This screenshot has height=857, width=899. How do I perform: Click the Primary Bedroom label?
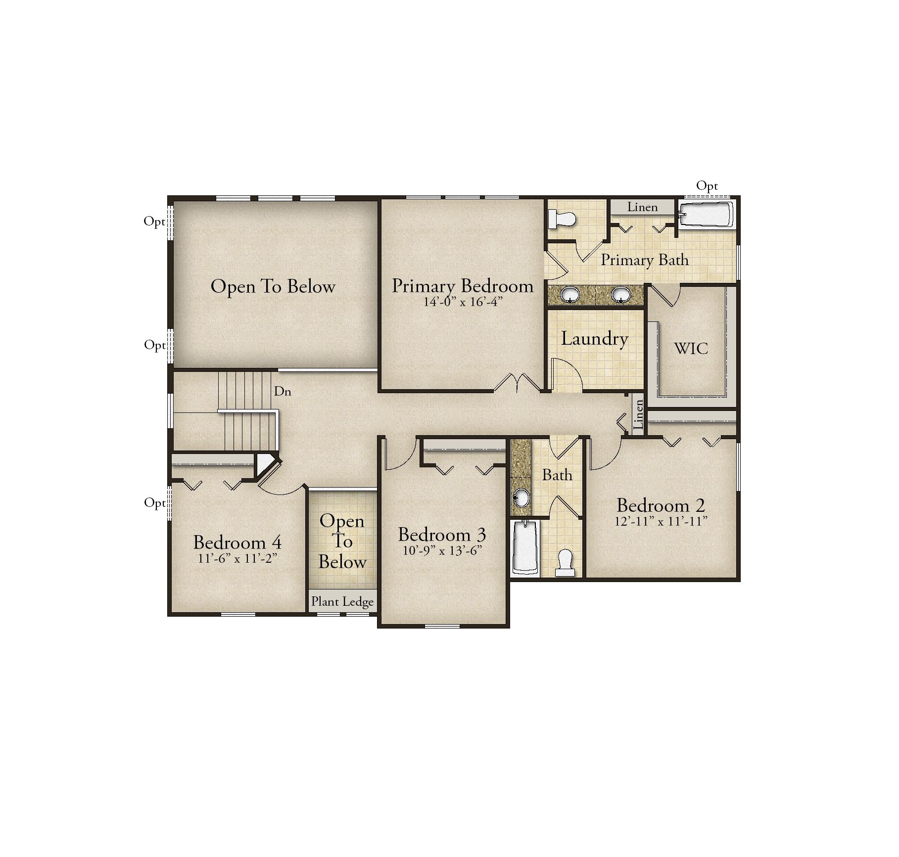[x=463, y=286]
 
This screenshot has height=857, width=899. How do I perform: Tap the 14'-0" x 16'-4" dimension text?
[x=463, y=302]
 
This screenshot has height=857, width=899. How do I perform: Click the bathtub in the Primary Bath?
[x=706, y=214]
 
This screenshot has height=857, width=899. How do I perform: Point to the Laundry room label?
[x=595, y=339]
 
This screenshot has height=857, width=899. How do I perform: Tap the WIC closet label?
[x=691, y=348]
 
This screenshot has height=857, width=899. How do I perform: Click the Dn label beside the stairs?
[x=283, y=391]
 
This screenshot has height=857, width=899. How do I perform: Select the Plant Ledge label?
[x=342, y=602]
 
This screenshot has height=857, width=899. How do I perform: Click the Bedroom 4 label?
[x=237, y=542]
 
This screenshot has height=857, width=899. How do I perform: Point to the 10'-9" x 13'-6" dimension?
[x=442, y=550]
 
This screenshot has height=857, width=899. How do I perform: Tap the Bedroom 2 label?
[x=661, y=505]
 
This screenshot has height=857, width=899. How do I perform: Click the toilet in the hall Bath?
[x=565, y=563]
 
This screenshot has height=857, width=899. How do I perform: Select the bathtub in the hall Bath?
[x=525, y=547]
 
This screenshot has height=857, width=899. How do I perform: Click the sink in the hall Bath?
[x=520, y=497]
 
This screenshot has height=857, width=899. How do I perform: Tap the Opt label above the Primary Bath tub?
[x=707, y=186]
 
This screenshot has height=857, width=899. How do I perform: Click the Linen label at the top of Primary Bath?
[x=642, y=207]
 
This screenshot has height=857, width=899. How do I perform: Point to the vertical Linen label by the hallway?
[x=639, y=414]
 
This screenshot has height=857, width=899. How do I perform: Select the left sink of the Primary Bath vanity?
[x=570, y=295]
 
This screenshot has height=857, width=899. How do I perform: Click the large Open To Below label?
[x=273, y=287]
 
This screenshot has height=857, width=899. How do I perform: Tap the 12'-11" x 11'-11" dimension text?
[x=661, y=521]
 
